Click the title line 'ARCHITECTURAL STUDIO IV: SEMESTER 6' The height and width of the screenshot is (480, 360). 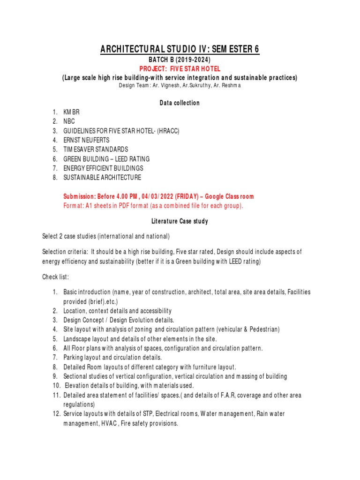[x=180, y=49]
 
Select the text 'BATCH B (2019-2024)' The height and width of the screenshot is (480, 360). [x=180, y=60]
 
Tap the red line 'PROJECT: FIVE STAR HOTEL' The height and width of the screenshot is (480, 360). [x=180, y=69]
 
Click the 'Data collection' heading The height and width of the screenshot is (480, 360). [x=180, y=103]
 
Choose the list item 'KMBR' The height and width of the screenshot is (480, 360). [x=72, y=112]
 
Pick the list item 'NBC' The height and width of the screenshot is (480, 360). [x=69, y=121]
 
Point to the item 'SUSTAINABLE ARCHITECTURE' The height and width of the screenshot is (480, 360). [x=102, y=178]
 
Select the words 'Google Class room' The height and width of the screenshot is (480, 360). [x=229, y=196]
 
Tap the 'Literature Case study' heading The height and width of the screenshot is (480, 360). [x=180, y=221]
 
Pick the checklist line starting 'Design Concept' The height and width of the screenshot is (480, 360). [x=119, y=320]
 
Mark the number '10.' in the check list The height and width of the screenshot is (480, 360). [x=57, y=386]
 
